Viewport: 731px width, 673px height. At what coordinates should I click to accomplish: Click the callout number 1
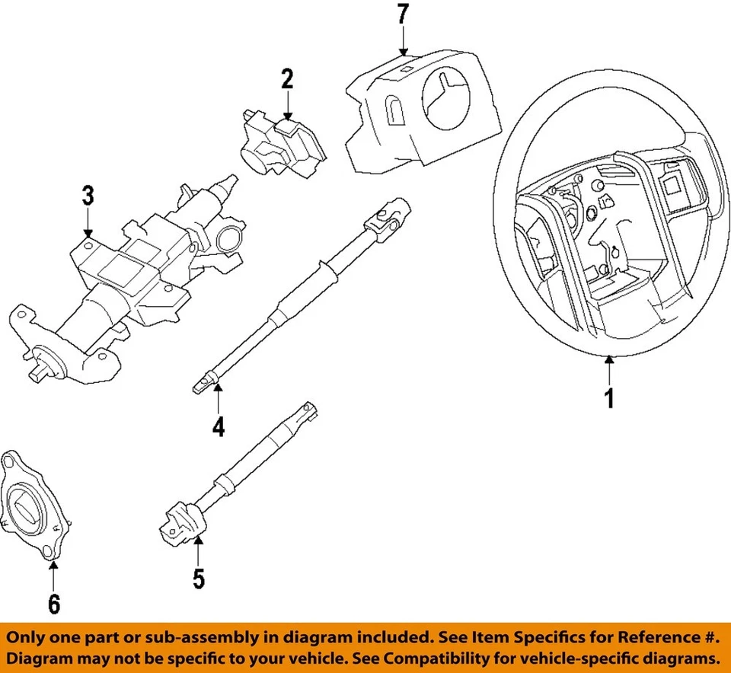(608, 397)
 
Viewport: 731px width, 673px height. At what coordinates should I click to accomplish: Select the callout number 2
(286, 78)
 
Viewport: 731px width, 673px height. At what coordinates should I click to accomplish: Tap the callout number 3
(88, 196)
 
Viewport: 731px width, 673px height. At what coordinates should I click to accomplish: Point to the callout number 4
(219, 427)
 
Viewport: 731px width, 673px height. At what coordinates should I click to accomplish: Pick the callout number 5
(198, 579)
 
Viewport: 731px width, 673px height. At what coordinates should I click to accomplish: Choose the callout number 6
(54, 604)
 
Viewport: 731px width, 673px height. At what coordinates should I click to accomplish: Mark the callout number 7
(403, 14)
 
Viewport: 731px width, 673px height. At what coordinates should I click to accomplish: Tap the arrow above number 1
(608, 370)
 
